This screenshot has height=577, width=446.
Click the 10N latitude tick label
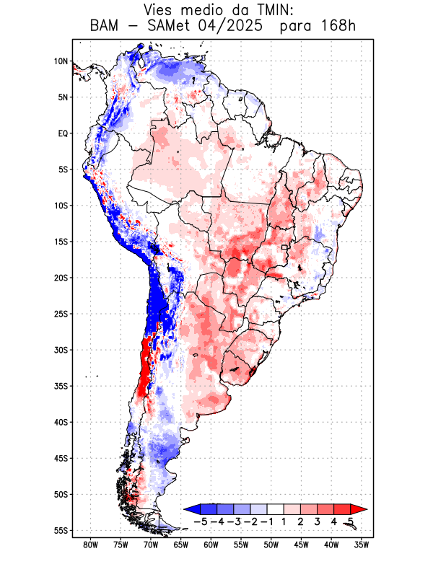tap(61, 61)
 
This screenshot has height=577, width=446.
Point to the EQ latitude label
tap(63, 133)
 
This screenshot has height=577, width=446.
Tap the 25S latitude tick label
tap(61, 314)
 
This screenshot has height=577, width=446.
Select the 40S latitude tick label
tap(61, 422)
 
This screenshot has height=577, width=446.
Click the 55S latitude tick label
tap(61, 530)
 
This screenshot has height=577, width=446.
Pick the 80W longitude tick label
tap(90, 545)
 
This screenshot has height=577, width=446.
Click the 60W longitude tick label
tap(211, 545)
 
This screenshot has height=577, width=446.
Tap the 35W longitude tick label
tap(362, 545)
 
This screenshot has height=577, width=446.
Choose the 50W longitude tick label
tap(271, 545)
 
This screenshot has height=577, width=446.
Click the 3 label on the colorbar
tap(318, 521)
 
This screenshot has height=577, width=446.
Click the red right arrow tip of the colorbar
tap(363, 509)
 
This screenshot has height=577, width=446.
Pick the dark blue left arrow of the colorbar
tap(191, 509)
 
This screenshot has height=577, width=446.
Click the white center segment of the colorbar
tap(276, 509)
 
